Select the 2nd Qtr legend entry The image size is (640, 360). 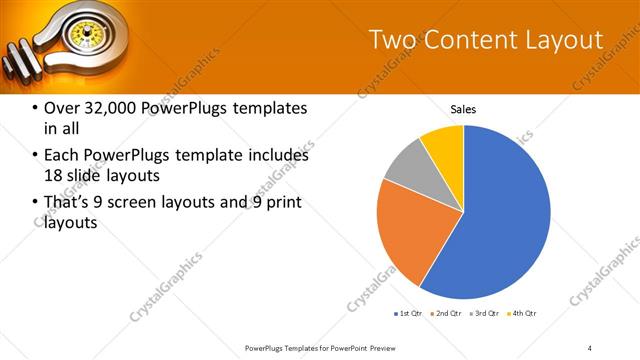(445, 314)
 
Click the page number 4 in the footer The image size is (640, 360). (590, 347)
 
